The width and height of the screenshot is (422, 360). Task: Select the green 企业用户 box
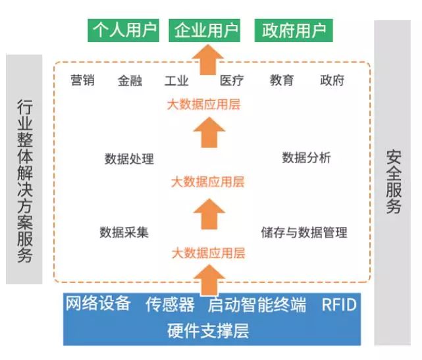[x=205, y=31]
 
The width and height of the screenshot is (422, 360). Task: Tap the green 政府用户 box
[x=294, y=31]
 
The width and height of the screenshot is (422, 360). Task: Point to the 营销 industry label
[x=82, y=80]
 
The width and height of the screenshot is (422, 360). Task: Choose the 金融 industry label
[x=130, y=81]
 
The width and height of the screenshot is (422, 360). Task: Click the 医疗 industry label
[x=232, y=81]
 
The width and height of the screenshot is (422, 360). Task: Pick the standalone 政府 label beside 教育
[x=332, y=81]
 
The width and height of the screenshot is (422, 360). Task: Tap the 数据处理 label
[x=129, y=159]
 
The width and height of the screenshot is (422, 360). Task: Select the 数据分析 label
[x=306, y=158]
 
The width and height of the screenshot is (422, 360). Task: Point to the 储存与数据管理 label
[x=303, y=232]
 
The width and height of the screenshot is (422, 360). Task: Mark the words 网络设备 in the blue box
[x=97, y=304]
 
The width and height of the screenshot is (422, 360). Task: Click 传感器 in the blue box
[x=170, y=305]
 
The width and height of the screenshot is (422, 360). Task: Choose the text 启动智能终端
[x=257, y=305]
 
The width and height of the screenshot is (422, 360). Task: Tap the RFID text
[x=338, y=305]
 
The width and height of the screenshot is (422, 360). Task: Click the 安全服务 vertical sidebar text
[x=394, y=182]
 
